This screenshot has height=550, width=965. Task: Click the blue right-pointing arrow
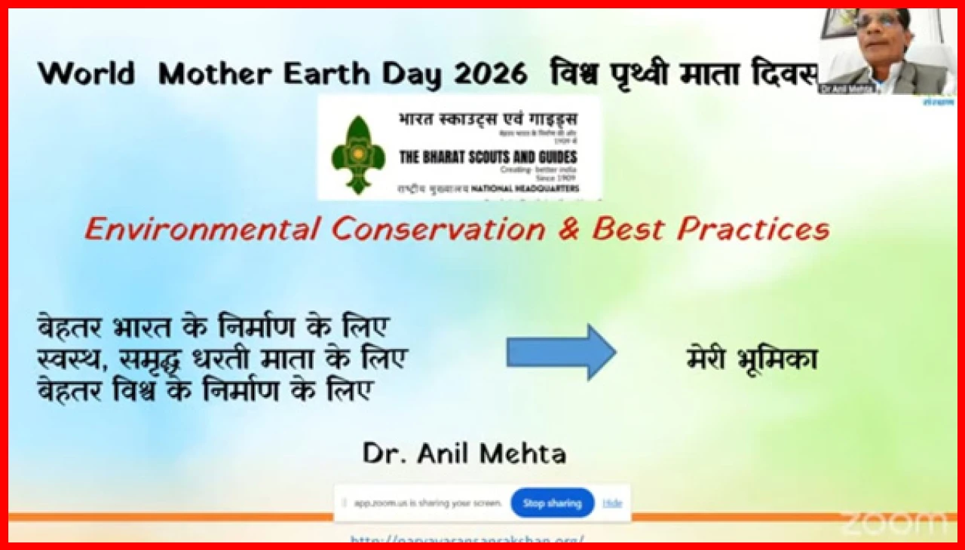tap(561, 352)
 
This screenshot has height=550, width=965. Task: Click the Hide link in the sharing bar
tap(612, 503)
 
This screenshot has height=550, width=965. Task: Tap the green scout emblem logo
tap(358, 155)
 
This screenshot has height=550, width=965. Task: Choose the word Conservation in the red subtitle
tap(438, 229)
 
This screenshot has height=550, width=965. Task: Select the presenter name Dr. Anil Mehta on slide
tap(464, 453)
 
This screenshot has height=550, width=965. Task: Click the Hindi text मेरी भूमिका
tap(752, 359)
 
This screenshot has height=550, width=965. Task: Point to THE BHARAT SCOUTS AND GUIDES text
tap(488, 157)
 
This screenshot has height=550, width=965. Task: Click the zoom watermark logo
tap(895, 521)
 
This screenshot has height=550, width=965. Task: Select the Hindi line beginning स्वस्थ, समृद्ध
tap(222, 359)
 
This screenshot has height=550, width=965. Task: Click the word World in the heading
tap(86, 74)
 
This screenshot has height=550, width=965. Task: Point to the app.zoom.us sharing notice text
tap(428, 503)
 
